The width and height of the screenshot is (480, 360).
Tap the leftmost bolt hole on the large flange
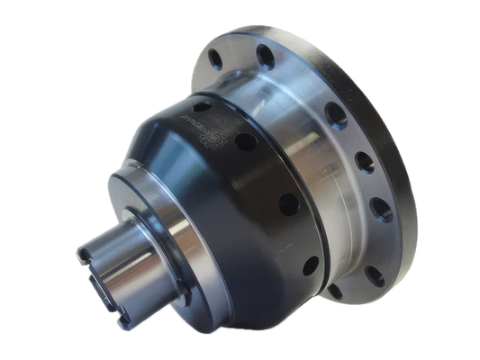(x=215, y=60)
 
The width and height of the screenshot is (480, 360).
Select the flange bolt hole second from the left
(x=265, y=56)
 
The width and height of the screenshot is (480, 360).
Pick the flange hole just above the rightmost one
(x=365, y=162)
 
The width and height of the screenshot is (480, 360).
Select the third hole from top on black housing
(x=289, y=204)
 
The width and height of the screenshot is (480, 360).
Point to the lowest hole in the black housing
(x=310, y=266)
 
